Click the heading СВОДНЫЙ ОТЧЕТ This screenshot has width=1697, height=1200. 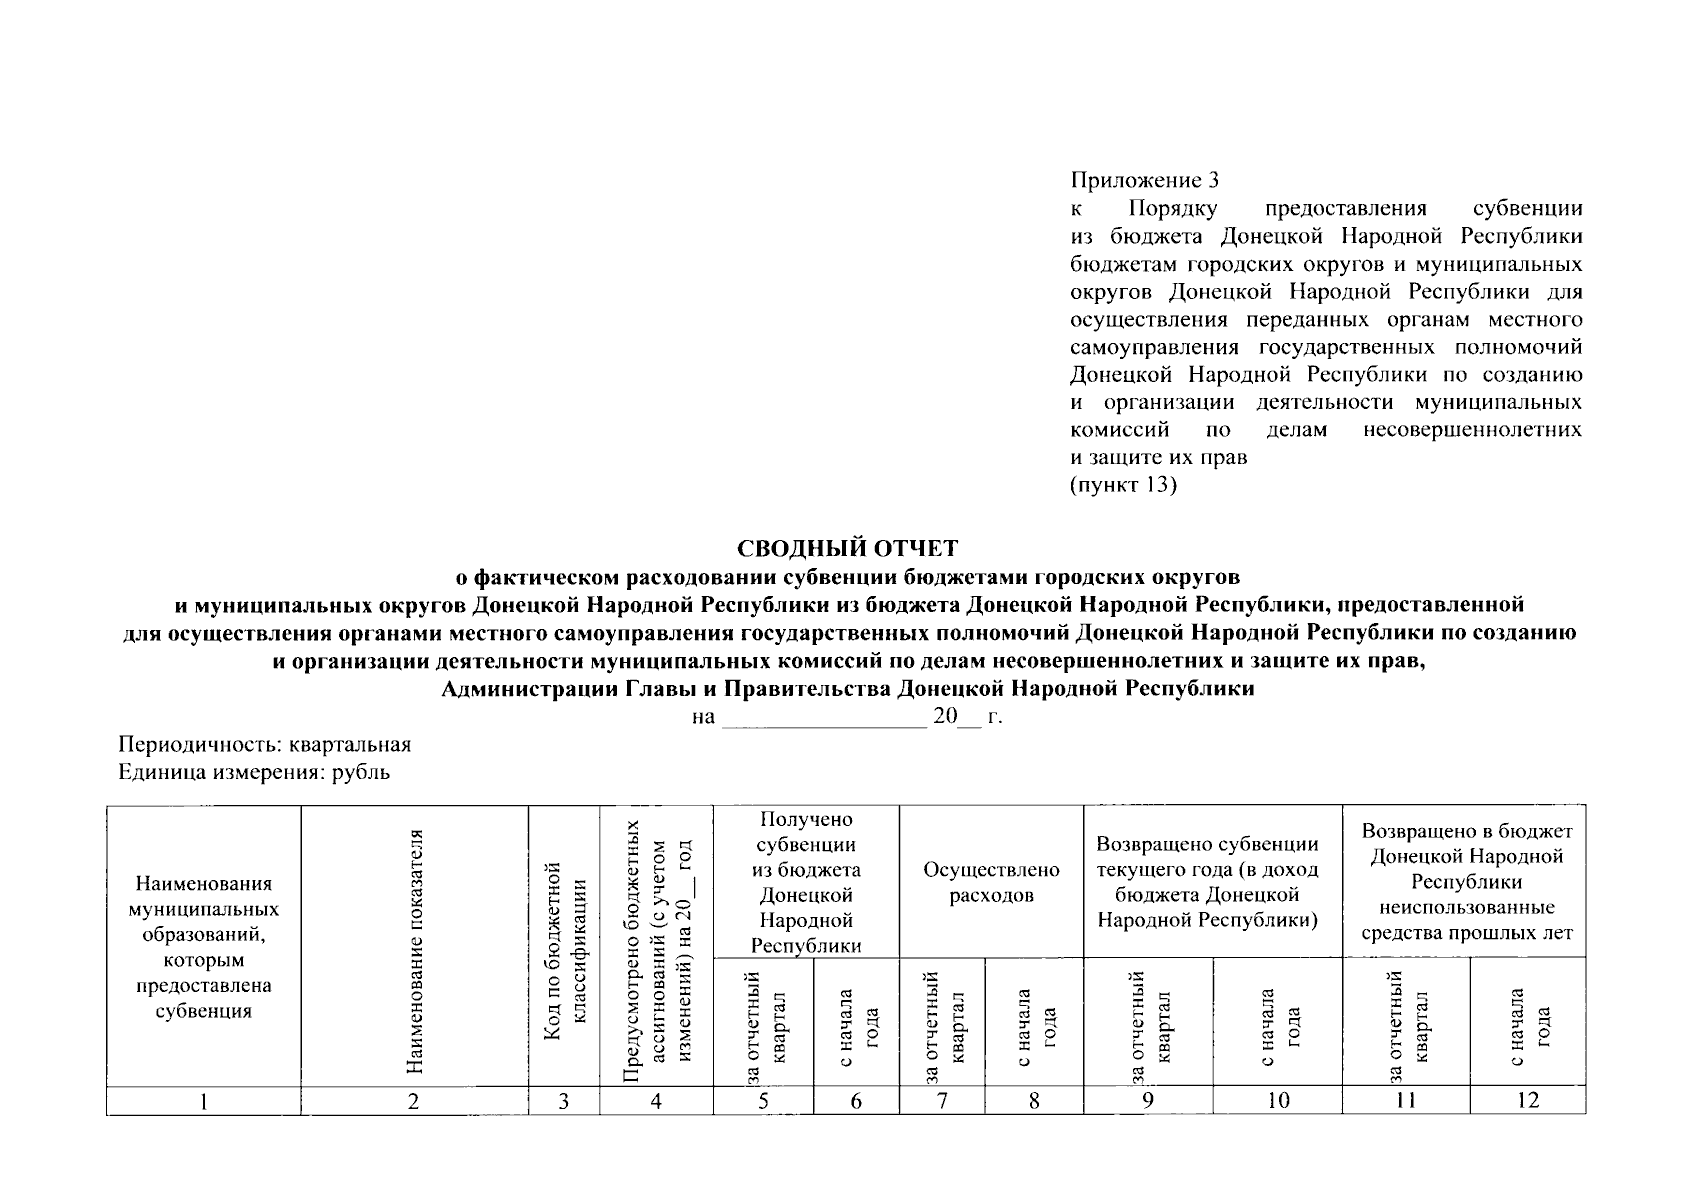click(x=847, y=549)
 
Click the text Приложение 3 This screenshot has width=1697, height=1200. click(x=1145, y=181)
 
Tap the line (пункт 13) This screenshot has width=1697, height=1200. click(x=1123, y=486)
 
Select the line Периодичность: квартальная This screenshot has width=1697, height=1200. click(x=265, y=745)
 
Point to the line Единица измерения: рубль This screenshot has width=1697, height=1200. click(x=254, y=772)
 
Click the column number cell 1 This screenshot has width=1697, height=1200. click(x=204, y=1101)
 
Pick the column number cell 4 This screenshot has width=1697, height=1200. click(x=656, y=1101)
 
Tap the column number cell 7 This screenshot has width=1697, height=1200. click(x=942, y=1101)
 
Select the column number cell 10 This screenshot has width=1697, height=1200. click(x=1277, y=1101)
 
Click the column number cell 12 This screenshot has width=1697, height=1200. click(x=1527, y=1101)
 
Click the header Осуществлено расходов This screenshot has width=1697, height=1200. click(x=991, y=882)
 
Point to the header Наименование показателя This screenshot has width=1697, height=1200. click(x=415, y=952)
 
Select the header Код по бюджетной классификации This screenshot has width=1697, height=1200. click(x=564, y=952)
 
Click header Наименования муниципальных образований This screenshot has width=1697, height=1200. click(x=204, y=946)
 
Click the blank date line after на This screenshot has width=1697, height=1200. click(x=823, y=718)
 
